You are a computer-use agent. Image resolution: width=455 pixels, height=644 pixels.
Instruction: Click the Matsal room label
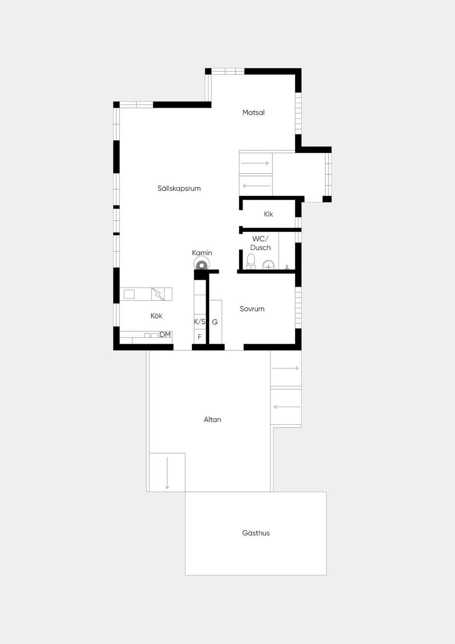point(253,113)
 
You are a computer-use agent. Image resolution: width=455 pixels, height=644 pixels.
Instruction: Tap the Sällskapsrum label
point(179,188)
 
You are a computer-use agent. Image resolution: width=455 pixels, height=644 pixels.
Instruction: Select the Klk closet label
point(268,214)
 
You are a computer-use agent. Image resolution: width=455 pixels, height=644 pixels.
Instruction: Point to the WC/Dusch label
point(260,243)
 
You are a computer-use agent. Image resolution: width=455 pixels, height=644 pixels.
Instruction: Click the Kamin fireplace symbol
point(202,263)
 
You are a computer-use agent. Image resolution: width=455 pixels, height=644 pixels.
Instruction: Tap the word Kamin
point(202,253)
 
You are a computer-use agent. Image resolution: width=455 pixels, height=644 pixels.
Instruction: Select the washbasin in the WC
point(268,265)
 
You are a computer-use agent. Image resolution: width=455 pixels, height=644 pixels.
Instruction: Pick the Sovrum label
point(252,309)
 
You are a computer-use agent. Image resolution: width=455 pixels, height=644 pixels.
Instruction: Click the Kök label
point(156,316)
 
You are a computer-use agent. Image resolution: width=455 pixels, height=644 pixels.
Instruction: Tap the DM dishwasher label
point(165,334)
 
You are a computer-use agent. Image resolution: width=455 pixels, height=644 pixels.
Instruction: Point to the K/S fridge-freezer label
point(200,322)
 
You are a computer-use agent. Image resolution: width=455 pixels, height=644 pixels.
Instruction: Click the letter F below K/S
point(200,337)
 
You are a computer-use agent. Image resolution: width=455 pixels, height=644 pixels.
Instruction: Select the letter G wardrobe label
point(215,322)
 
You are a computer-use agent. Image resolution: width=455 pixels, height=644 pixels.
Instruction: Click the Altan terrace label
point(212,419)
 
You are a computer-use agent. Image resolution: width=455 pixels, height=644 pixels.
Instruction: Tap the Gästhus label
point(255,533)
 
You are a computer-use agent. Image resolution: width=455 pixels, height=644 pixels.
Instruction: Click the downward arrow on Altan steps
point(167,472)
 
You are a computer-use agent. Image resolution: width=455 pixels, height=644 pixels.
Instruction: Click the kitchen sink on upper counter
point(129,294)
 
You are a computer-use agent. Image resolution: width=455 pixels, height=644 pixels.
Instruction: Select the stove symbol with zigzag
point(158,294)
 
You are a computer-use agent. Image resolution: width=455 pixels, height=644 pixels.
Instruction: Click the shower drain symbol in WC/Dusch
point(287,267)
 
